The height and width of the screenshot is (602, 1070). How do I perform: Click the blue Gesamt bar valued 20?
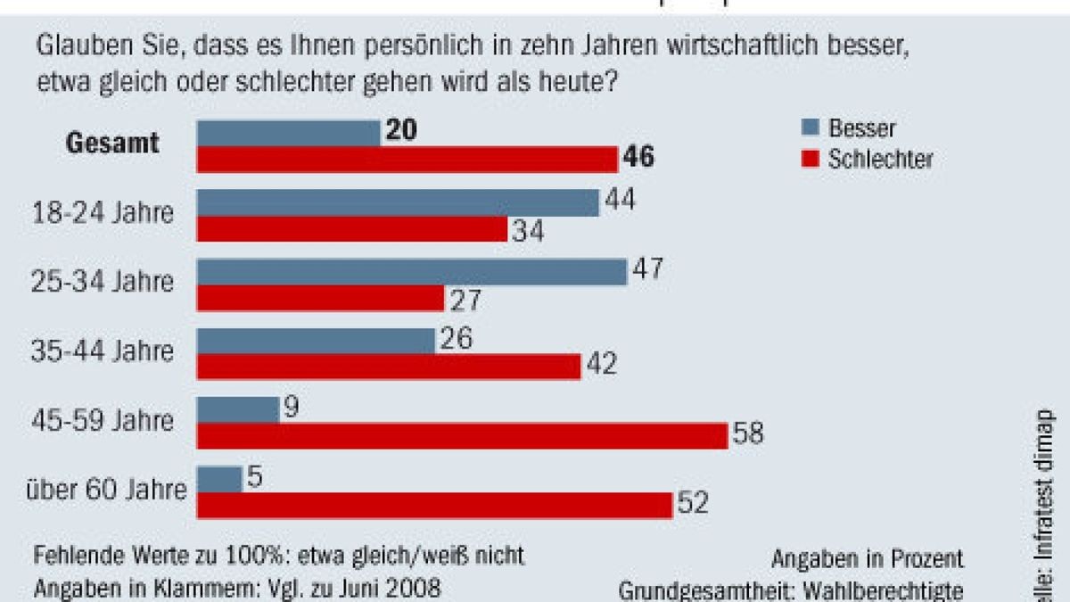288,133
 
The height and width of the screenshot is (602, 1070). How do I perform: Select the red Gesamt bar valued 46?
407,160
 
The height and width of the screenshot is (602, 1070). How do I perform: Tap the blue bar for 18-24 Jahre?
398,202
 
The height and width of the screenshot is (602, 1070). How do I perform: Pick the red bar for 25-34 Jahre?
320,298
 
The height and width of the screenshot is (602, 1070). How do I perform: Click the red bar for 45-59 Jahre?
462,435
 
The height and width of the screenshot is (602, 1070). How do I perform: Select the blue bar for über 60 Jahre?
218,478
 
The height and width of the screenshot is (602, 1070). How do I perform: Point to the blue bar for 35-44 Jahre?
316,340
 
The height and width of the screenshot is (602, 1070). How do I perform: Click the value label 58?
748,435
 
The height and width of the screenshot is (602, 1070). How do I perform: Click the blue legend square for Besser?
811,128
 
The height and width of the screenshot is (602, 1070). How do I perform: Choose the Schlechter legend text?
881,160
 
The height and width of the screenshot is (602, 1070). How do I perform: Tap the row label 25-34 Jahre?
103,283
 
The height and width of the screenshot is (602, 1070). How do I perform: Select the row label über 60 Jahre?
108,490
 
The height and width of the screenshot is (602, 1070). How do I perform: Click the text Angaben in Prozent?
868,559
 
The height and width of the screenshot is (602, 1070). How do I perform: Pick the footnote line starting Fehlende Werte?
278,556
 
